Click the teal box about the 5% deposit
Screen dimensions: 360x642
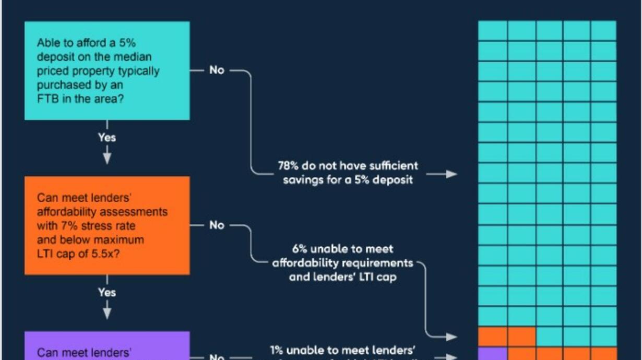pos(107,70)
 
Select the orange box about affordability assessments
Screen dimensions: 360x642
pos(107,225)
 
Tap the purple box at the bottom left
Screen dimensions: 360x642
pos(107,347)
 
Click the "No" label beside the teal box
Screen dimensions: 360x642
pos(217,70)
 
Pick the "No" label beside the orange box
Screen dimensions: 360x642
pos(217,225)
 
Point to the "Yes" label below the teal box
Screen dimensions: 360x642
pos(107,137)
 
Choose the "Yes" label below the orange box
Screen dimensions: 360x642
pos(107,292)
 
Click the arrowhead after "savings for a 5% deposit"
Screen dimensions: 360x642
pos(450,174)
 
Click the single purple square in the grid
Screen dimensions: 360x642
pos(492,354)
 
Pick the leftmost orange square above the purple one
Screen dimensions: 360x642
pos(492,337)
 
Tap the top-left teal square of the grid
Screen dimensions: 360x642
pos(492,30)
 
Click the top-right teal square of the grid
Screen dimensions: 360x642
pos(604,30)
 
